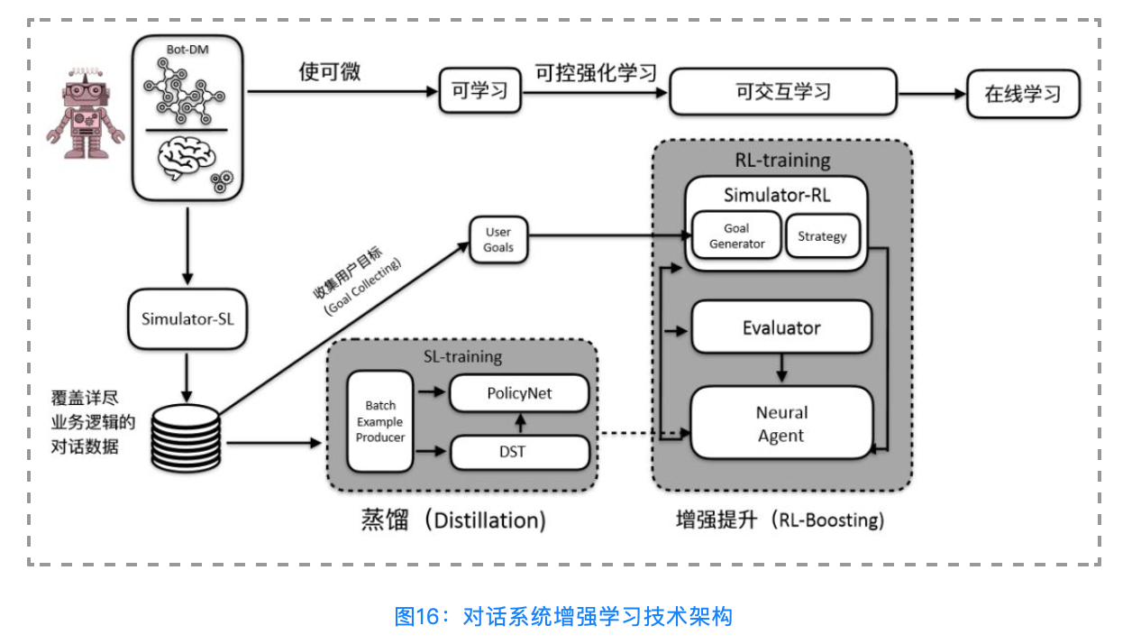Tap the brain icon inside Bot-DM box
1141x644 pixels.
(x=186, y=158)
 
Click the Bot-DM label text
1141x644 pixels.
(x=187, y=49)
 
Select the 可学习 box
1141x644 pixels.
(x=479, y=91)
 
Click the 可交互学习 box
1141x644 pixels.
(x=782, y=91)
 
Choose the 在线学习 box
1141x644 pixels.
(x=1023, y=94)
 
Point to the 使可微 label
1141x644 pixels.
(x=330, y=72)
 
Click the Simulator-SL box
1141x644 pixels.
(x=187, y=318)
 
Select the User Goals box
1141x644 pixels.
(x=498, y=240)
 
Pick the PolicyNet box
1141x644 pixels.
(x=519, y=393)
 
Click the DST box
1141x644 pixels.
(x=519, y=452)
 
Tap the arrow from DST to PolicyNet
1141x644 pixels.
(x=519, y=423)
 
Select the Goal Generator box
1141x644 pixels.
(x=736, y=235)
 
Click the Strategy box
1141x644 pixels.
(x=822, y=235)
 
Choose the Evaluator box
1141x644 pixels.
(x=781, y=327)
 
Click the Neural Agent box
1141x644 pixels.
(x=781, y=424)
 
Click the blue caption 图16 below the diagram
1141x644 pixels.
(x=563, y=616)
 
